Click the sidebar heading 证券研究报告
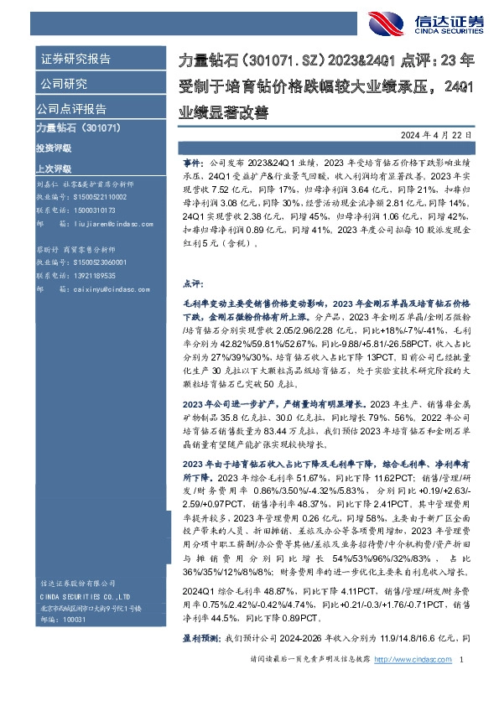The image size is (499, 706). pos(75,60)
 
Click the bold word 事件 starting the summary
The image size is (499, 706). pos(191,158)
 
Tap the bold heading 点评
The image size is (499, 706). pos(191,284)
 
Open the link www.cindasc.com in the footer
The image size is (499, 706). pos(423,684)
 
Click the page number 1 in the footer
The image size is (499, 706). pos(462,684)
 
